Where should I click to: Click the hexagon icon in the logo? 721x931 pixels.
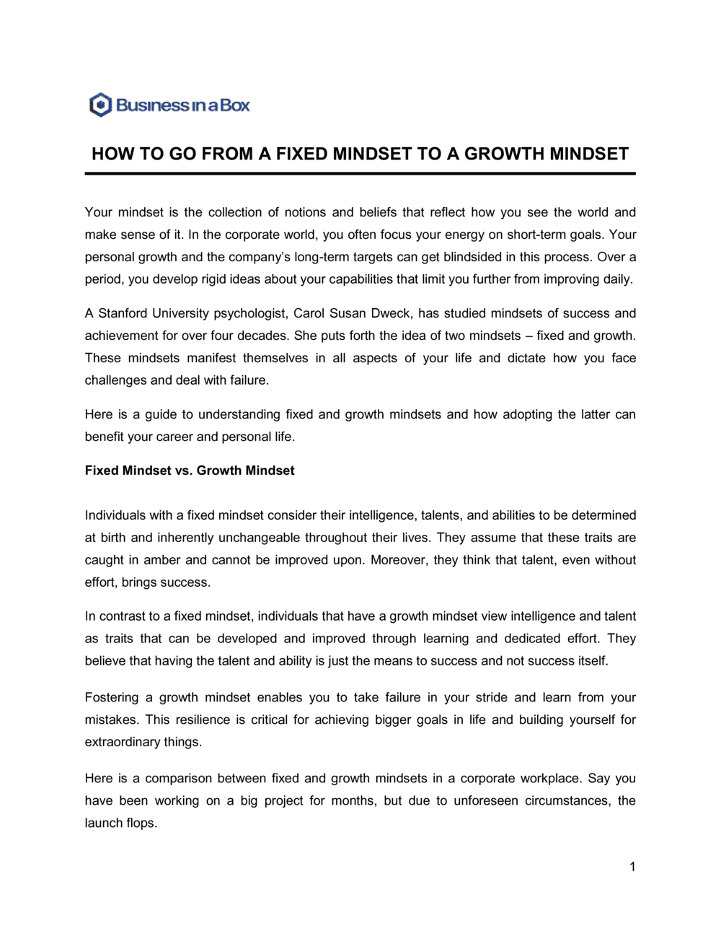[100, 105]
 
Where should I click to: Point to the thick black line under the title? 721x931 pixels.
[360, 173]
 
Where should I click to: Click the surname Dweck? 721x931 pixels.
[390, 313]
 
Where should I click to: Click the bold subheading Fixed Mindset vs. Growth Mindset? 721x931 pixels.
[190, 471]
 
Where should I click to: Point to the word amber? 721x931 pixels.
[162, 560]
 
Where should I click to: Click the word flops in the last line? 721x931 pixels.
[141, 823]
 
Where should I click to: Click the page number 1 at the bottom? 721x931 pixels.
[632, 867]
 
